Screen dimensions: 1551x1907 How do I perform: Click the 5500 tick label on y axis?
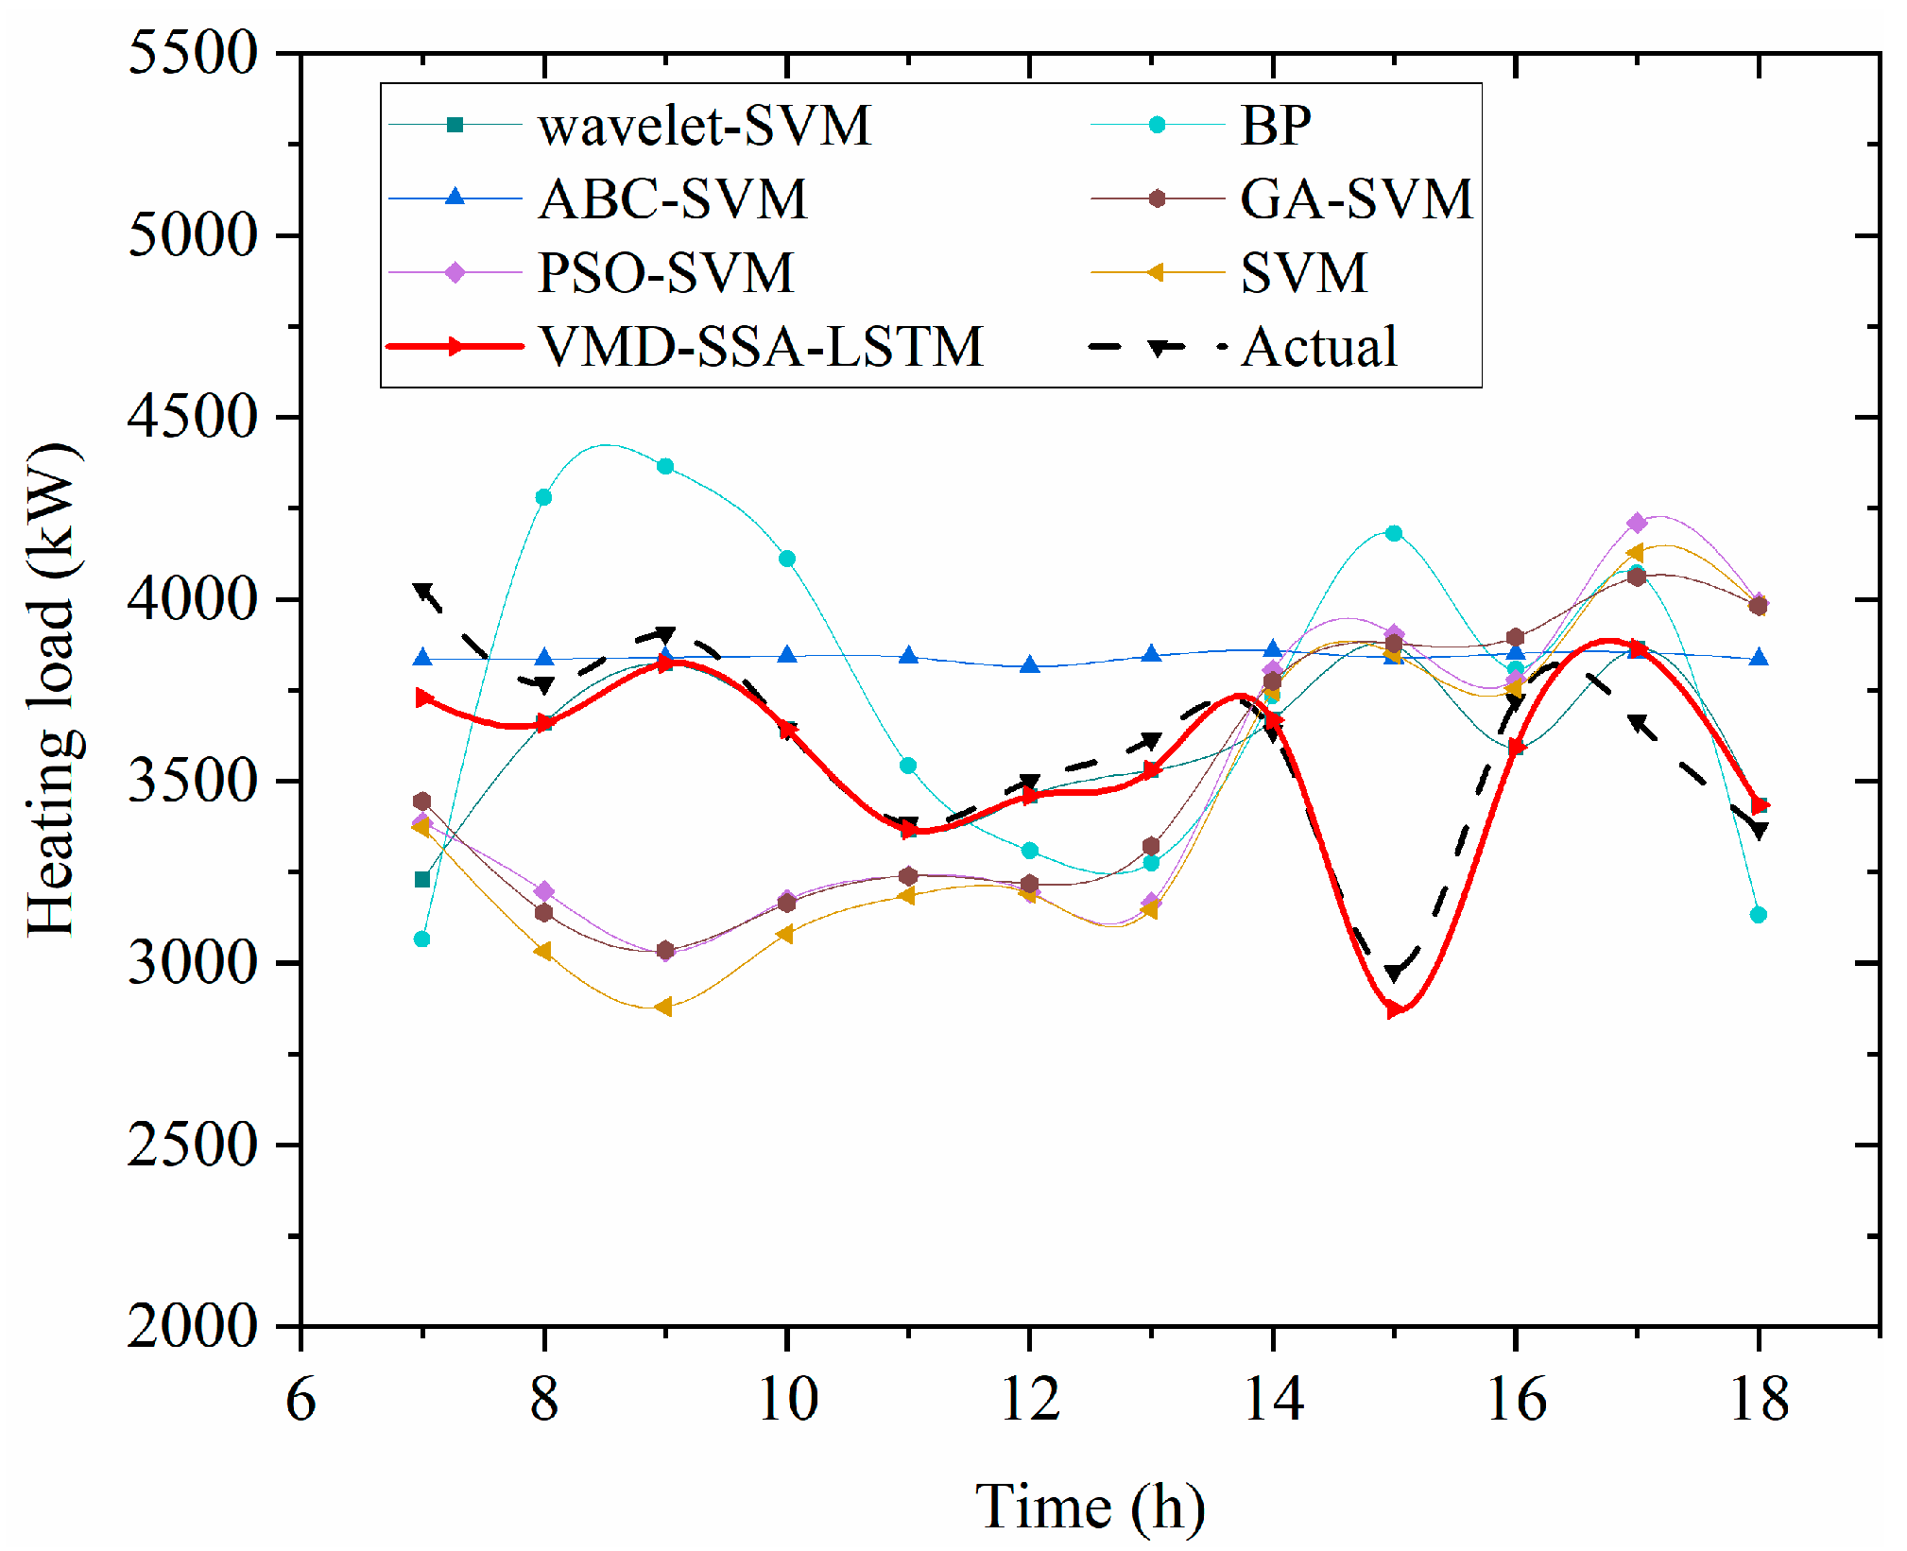tap(192, 53)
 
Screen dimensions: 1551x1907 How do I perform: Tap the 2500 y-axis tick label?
tap(192, 1145)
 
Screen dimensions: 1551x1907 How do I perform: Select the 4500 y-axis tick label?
tap(192, 417)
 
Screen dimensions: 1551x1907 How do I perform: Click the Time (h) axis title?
tap(1090, 1507)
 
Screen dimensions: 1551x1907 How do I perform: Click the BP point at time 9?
tap(665, 466)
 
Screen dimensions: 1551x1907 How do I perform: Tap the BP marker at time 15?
tap(1394, 533)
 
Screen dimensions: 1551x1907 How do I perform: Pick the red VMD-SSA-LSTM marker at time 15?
tap(1394, 1009)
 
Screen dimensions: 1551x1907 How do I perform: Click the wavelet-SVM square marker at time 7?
tap(422, 880)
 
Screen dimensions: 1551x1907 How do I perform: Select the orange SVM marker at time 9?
tap(664, 1008)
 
